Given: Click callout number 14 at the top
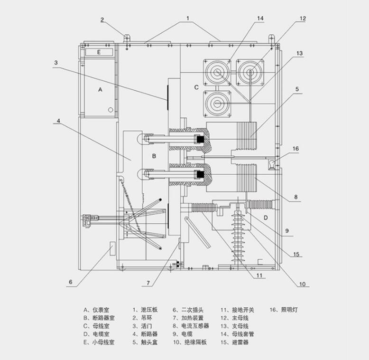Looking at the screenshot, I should coord(259,19).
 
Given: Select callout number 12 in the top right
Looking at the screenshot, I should coord(303,19).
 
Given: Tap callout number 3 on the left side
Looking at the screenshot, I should coord(55,62).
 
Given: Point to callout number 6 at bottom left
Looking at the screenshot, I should coord(70,282).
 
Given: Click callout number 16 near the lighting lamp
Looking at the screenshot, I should coord(295,149).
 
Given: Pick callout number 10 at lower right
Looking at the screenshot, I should coord(302,284).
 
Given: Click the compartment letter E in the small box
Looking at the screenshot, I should coord(99,52).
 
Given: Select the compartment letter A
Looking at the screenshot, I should coord(100,89).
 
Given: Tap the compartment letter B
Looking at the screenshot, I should coord(153,155).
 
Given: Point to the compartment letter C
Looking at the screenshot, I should coord(196,87).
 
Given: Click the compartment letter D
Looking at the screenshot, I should coord(266,217).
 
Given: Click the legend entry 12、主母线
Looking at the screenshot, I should coord(234,317).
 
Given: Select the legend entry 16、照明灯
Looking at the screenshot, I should coord(283,309).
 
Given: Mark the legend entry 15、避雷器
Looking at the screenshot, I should coord(234,342).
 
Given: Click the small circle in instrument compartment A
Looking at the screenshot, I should coord(111,110).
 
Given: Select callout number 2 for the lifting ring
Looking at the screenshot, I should coord(101,20).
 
